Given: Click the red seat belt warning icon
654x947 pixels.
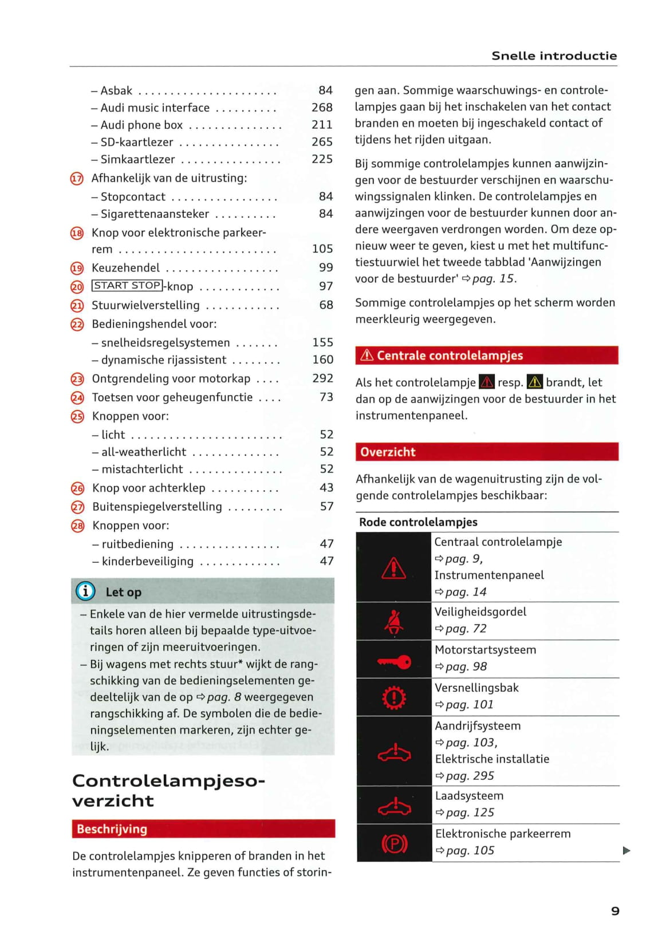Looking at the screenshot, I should [x=394, y=621].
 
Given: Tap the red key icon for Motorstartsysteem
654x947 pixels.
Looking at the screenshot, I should [x=394, y=662].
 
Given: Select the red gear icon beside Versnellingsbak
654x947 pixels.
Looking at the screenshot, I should [x=394, y=697].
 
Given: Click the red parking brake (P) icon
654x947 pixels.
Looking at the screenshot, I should [x=394, y=843].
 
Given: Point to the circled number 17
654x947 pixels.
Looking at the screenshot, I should [x=77, y=179].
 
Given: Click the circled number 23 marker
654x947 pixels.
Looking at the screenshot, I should [x=77, y=379].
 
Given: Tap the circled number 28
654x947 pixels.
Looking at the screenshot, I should [x=77, y=526].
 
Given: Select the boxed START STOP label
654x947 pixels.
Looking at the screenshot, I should [x=127, y=286].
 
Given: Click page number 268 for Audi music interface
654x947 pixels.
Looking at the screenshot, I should [x=322, y=107].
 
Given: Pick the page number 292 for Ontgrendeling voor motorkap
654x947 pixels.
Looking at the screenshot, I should [x=322, y=378].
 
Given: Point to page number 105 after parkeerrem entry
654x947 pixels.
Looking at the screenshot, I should [x=322, y=248].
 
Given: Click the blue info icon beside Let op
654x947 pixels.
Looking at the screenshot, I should [x=85, y=591].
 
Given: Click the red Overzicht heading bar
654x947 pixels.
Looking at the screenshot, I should [x=487, y=452].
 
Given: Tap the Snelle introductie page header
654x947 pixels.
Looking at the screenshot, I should [x=554, y=56].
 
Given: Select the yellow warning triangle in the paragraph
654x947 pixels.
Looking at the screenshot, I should [x=534, y=382].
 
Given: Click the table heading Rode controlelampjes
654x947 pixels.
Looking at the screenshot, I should [x=418, y=522].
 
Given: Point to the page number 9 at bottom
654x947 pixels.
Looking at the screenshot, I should [x=615, y=911].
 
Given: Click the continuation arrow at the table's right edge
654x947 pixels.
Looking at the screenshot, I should [x=627, y=851].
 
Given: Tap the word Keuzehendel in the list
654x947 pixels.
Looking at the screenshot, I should [x=126, y=268].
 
